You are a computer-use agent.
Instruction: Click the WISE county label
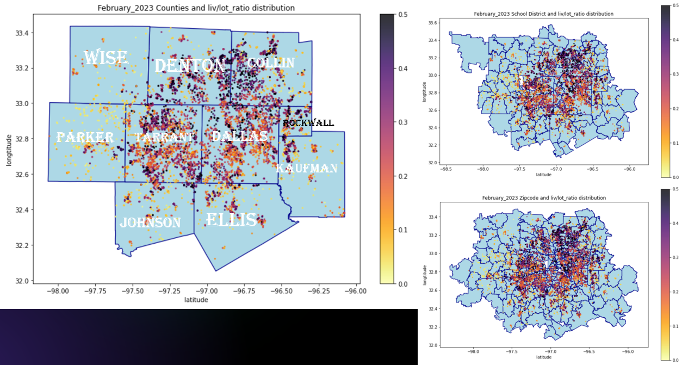[106, 57]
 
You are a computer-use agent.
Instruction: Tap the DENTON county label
[190, 65]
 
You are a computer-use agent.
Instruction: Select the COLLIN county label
[271, 63]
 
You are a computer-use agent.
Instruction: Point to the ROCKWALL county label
[308, 123]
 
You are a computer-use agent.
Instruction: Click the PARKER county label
[85, 138]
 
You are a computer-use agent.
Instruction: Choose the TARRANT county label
[164, 137]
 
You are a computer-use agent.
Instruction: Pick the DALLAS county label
[240, 136]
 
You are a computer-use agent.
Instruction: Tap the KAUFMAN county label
[307, 169]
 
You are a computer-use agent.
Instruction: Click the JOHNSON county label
[151, 222]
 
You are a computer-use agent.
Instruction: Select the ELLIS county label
[231, 220]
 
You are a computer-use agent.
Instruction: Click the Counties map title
[196, 8]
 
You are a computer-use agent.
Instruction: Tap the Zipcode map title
[544, 198]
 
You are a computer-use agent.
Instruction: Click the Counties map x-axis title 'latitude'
[196, 300]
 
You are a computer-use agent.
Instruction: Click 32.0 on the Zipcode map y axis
[431, 345]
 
